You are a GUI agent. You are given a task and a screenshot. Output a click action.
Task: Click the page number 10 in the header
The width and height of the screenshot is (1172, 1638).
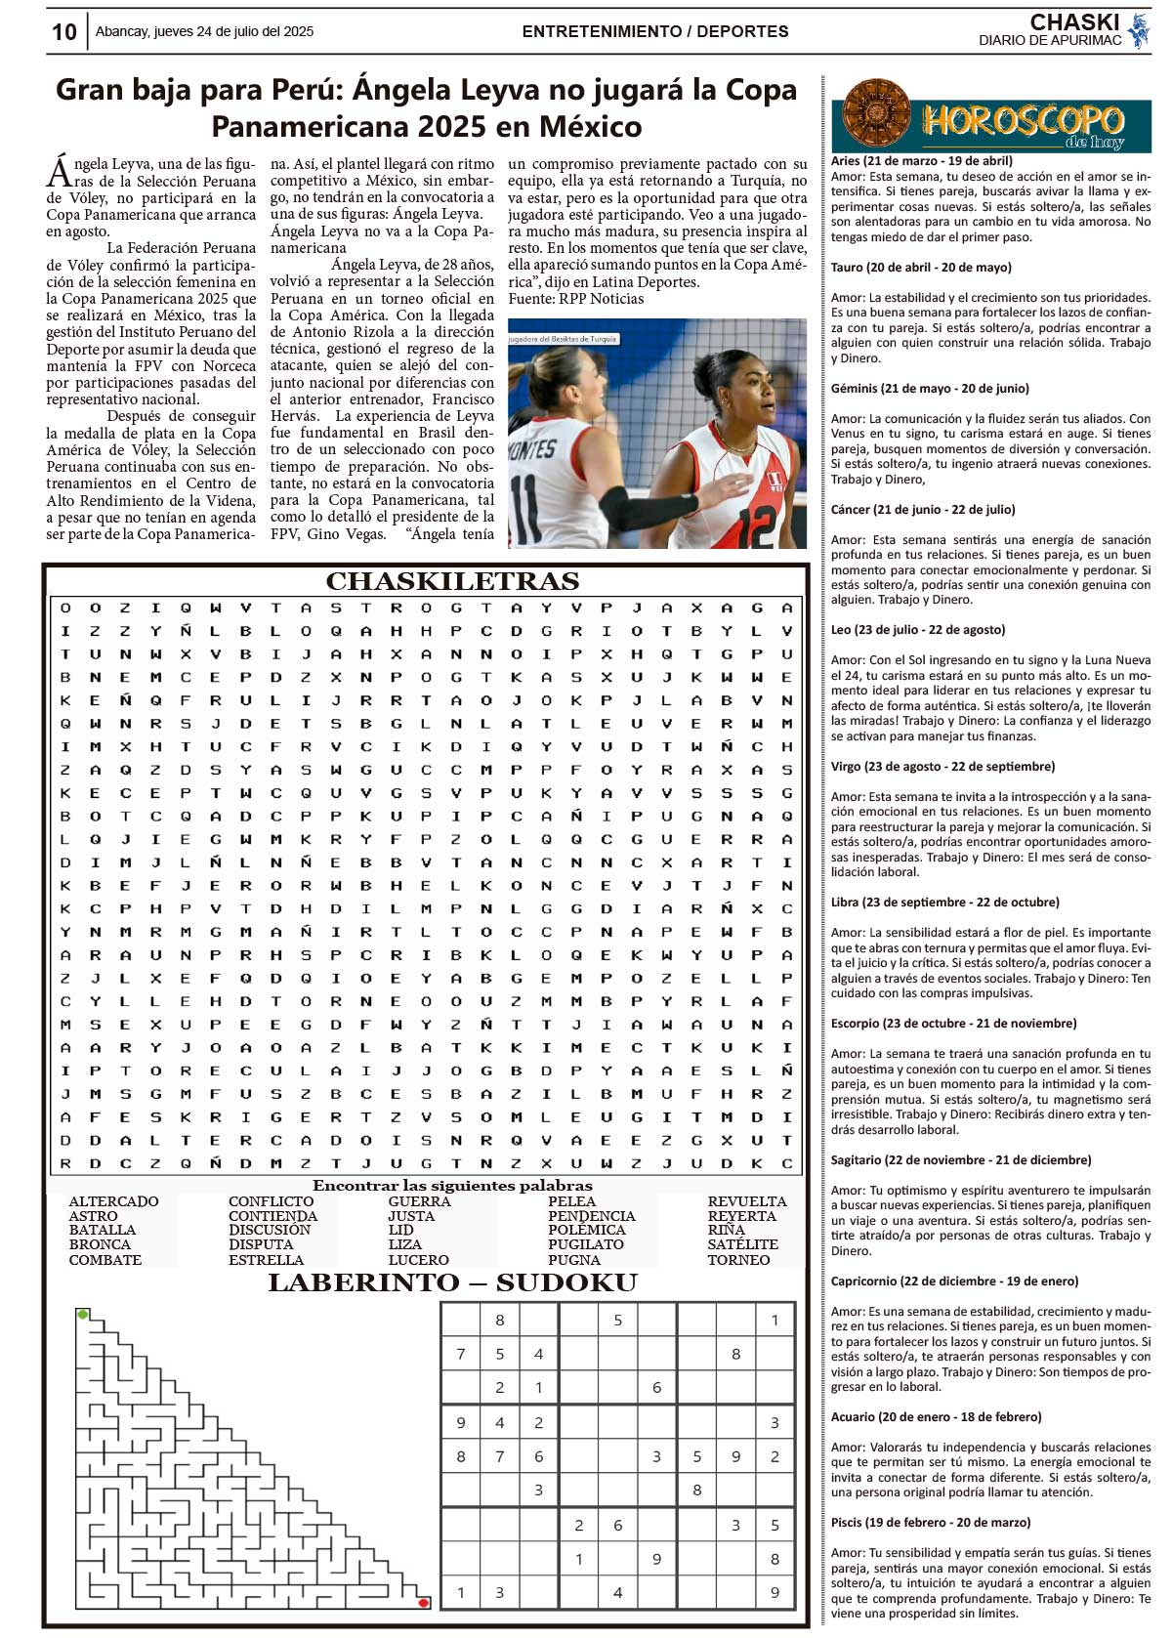coord(63,32)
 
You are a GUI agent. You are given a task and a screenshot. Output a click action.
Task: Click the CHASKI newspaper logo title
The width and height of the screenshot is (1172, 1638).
coord(1073,21)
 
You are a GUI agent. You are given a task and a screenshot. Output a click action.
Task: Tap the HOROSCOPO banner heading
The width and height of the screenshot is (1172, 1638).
coord(1022,121)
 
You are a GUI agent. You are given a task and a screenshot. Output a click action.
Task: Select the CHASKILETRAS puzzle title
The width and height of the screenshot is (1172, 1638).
coord(452,581)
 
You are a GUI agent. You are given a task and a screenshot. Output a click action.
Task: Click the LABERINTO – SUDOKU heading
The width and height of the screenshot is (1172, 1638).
coord(452,1282)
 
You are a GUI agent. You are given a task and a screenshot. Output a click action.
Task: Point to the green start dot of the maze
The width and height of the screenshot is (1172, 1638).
coord(83,1315)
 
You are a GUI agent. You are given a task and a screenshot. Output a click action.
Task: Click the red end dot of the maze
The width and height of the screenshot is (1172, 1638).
coord(423,1603)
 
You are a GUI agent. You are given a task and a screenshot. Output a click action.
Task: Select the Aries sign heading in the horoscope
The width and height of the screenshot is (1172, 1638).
coord(921,161)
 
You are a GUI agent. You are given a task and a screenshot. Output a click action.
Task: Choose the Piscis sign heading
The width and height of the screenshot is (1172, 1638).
coord(930,1522)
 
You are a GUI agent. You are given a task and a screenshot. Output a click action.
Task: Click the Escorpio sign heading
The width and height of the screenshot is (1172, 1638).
coord(953,1023)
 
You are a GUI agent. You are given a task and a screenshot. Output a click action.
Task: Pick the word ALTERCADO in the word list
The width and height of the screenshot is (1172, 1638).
coord(113,1201)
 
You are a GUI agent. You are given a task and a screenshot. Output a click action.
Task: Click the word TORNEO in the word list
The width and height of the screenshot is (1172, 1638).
coord(738,1260)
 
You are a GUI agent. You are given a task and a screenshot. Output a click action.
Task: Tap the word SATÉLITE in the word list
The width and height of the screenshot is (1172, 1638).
coord(742,1244)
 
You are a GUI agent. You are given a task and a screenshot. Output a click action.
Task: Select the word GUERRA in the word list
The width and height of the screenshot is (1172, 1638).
coord(419,1201)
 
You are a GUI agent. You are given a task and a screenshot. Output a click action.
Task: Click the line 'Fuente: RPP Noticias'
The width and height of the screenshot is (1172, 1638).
coord(575,299)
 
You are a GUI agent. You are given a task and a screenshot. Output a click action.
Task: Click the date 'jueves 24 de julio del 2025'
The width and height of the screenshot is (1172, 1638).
coord(204,31)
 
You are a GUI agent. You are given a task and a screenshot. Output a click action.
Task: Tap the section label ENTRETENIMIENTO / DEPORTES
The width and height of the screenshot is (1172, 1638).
coord(655,31)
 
